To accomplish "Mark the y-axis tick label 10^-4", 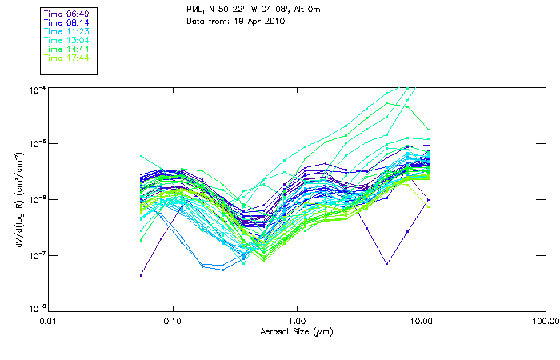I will pyautogui.click(x=38, y=88).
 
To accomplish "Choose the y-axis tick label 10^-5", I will pyautogui.click(x=38, y=143).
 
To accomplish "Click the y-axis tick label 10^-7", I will pyautogui.click(x=38, y=254).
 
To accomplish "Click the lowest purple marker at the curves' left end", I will pyautogui.click(x=141, y=275).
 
